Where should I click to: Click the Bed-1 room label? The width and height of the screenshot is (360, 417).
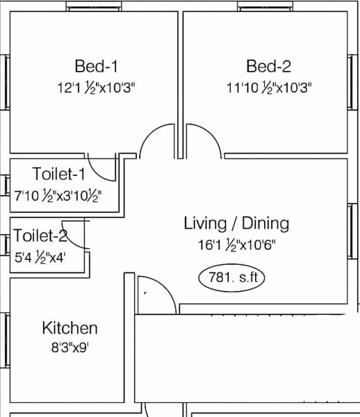pyautogui.click(x=96, y=67)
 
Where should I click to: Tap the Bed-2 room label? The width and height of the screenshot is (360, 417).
pyautogui.click(x=268, y=67)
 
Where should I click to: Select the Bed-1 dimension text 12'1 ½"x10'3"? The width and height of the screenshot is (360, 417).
pyautogui.click(x=96, y=88)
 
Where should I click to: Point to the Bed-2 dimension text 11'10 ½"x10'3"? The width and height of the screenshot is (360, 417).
pyautogui.click(x=268, y=88)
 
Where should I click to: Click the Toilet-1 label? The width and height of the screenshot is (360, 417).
pyautogui.click(x=58, y=173)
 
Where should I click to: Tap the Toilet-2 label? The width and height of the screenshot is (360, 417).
pyautogui.click(x=40, y=235)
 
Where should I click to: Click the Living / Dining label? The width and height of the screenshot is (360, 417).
pyautogui.click(x=236, y=223)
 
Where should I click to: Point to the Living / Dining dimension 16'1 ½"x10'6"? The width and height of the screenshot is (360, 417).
pyautogui.click(x=236, y=245)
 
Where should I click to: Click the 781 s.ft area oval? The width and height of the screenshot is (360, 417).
pyautogui.click(x=232, y=278)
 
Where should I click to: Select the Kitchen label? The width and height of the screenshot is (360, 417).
pyautogui.click(x=69, y=328)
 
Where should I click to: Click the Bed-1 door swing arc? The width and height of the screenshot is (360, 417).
pyautogui.click(x=156, y=141)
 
